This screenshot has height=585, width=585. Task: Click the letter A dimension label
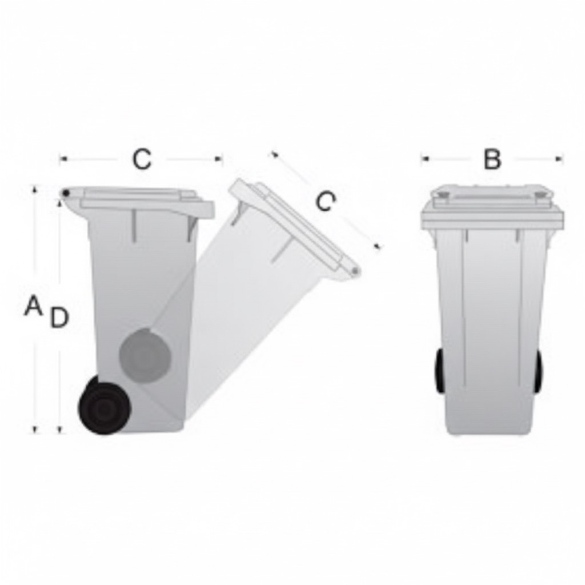click(33, 305)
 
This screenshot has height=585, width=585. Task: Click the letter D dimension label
click(59, 318)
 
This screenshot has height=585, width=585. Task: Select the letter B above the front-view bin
click(492, 159)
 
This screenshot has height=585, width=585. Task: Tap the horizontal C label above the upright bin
click(142, 159)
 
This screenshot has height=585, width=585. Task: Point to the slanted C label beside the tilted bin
click(325, 202)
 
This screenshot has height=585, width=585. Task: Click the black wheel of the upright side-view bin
click(105, 407)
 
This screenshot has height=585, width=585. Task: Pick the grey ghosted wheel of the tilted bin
click(145, 355)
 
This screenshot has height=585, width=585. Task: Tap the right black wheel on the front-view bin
click(538, 371)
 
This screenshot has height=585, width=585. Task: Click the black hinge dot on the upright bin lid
click(66, 193)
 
